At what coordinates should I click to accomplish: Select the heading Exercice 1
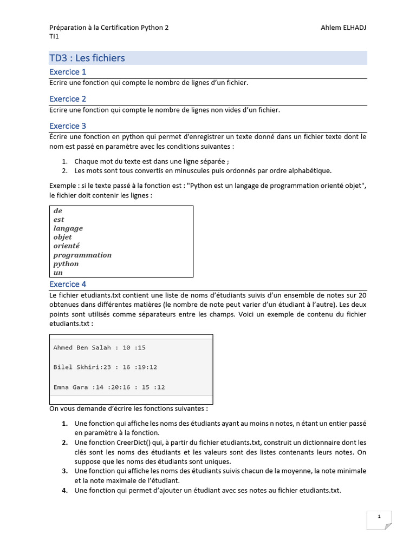(x=68, y=72)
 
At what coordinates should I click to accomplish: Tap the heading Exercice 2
(x=68, y=99)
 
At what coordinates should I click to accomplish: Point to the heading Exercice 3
(x=68, y=126)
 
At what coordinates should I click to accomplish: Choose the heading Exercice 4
(x=68, y=284)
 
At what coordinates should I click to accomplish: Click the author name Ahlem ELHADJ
(x=343, y=28)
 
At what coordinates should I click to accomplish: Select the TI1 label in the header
(x=54, y=36)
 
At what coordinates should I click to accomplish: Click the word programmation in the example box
(x=82, y=255)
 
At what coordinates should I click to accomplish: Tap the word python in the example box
(x=66, y=264)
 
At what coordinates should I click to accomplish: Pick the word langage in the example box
(x=68, y=228)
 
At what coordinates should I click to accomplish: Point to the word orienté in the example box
(x=67, y=246)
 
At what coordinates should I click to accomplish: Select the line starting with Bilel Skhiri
(x=105, y=367)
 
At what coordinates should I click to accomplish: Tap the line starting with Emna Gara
(x=109, y=387)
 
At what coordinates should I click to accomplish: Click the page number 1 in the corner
(x=379, y=517)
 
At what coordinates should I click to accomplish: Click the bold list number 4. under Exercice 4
(x=64, y=491)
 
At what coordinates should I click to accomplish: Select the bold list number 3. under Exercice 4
(x=64, y=471)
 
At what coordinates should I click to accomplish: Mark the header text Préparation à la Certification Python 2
(x=109, y=28)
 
